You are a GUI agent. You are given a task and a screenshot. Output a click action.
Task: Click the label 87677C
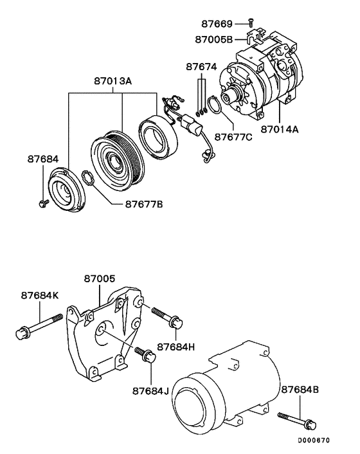tap(233, 137)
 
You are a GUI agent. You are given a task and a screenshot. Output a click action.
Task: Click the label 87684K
tap(39, 296)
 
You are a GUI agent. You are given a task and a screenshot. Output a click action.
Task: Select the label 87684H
tap(175, 346)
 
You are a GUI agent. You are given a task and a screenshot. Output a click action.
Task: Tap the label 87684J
tap(150, 390)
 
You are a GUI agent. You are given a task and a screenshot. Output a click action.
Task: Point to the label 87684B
tap(301, 389)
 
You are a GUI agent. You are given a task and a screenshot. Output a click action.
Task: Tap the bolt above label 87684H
tap(166, 316)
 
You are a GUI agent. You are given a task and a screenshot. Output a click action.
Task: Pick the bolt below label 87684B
tap(297, 421)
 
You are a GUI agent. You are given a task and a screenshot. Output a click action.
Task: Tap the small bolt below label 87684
tap(42, 204)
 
